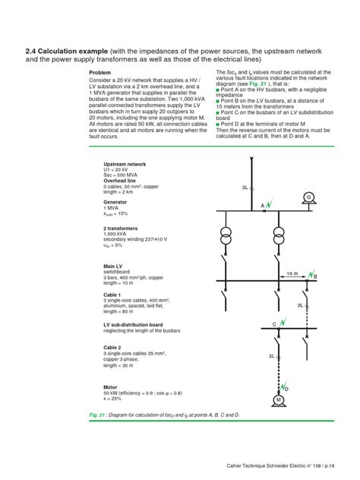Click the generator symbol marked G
tap(308, 197)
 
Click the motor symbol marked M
tap(279, 399)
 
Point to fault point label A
tap(263, 207)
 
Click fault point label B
tap(316, 277)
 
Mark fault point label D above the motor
tap(286, 389)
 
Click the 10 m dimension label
tap(292, 272)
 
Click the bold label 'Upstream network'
tap(125, 164)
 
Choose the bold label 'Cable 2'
tap(113, 347)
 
